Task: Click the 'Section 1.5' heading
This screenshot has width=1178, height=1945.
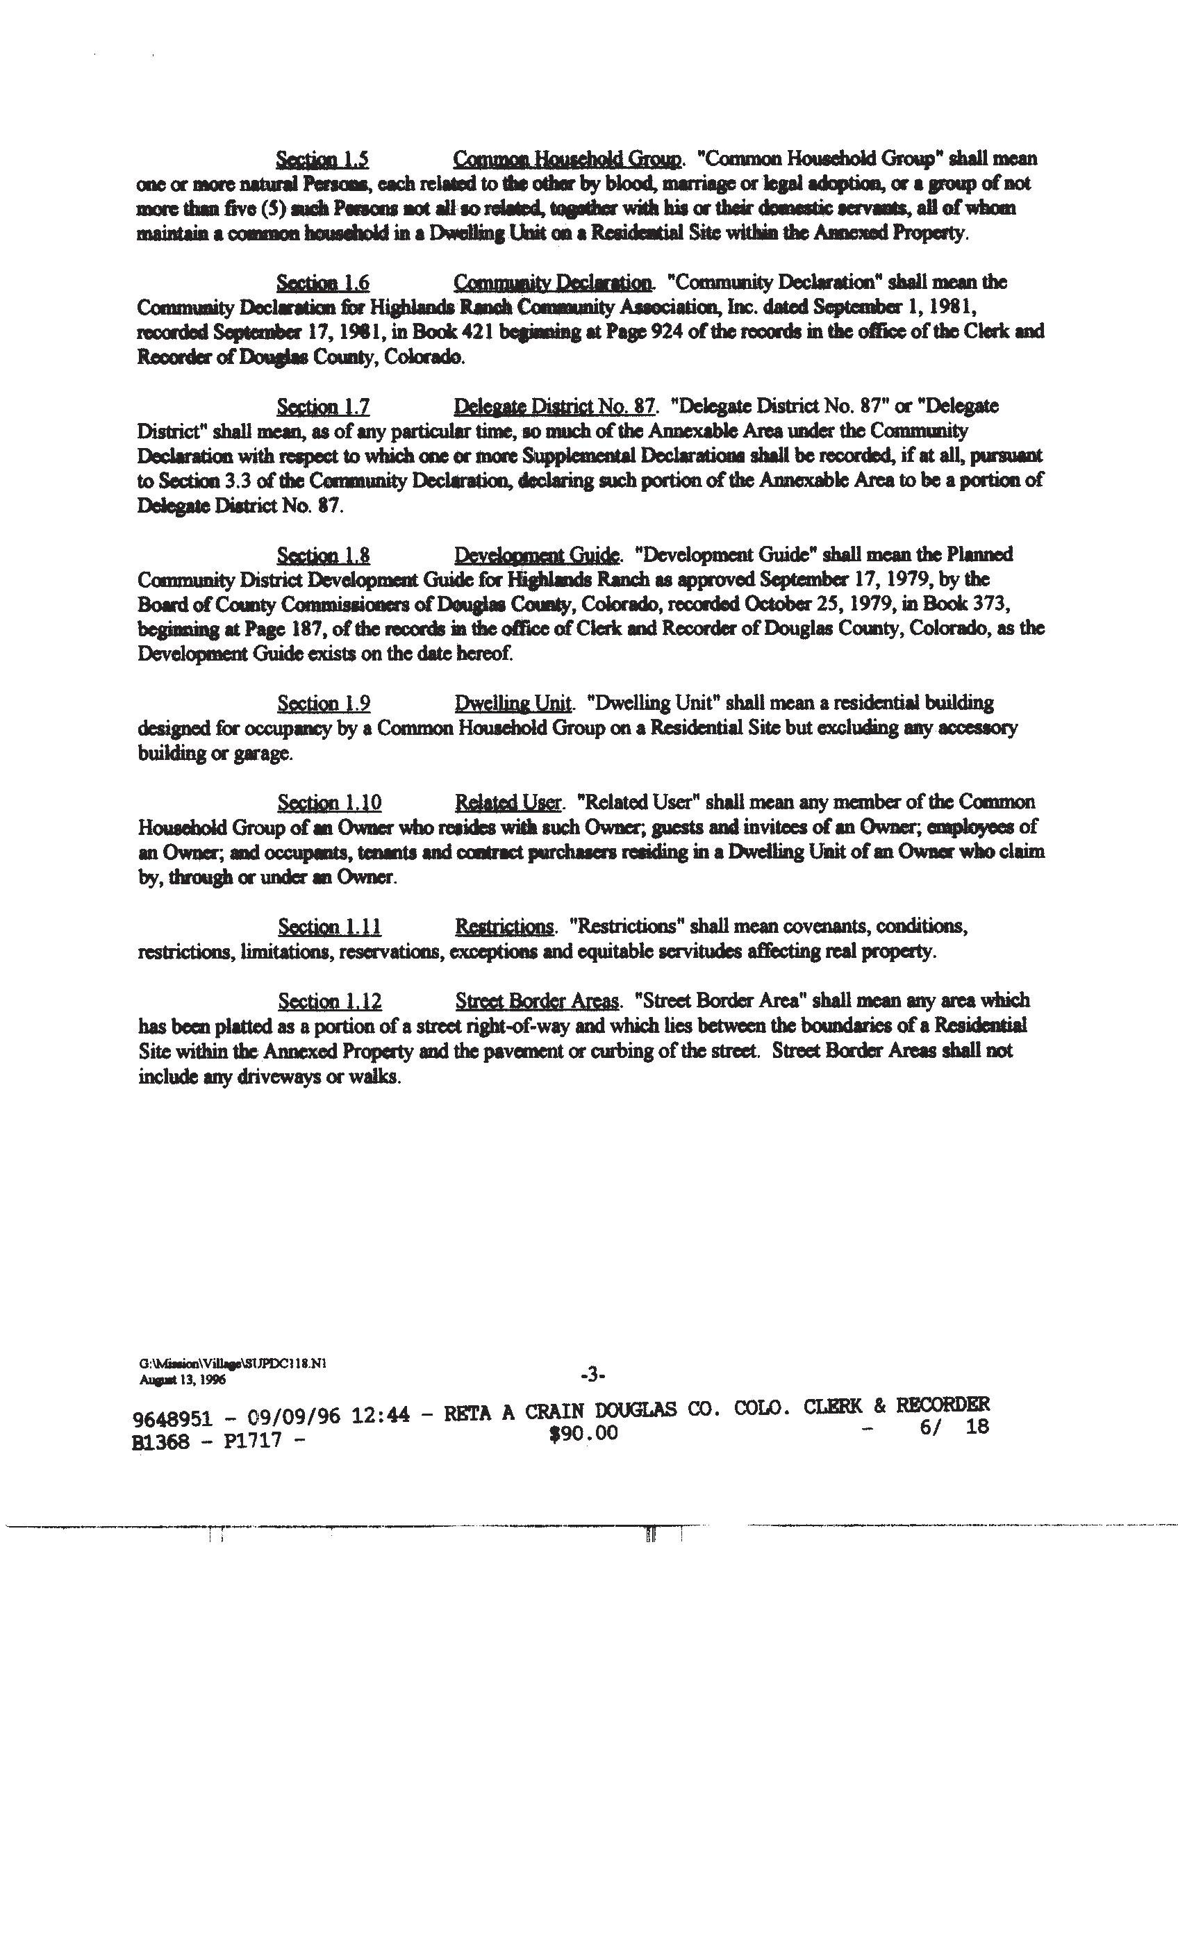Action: pos(322,160)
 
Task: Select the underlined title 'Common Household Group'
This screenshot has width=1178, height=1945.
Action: pos(567,160)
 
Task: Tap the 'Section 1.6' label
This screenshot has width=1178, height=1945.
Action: pos(322,283)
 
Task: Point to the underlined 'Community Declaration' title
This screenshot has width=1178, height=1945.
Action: pos(554,283)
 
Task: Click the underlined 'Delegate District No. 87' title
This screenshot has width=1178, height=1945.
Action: pos(554,407)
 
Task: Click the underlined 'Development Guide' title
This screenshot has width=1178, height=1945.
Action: pos(538,556)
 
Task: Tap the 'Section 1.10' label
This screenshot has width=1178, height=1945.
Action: pos(329,804)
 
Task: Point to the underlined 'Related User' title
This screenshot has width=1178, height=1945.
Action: pos(508,804)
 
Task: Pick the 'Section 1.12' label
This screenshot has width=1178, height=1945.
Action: pos(329,1002)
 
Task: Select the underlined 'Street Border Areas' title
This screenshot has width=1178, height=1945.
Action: pos(538,1002)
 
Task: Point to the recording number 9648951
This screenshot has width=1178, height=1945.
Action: pos(173,1418)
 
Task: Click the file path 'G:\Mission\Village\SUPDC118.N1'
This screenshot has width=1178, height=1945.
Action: pos(232,1362)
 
